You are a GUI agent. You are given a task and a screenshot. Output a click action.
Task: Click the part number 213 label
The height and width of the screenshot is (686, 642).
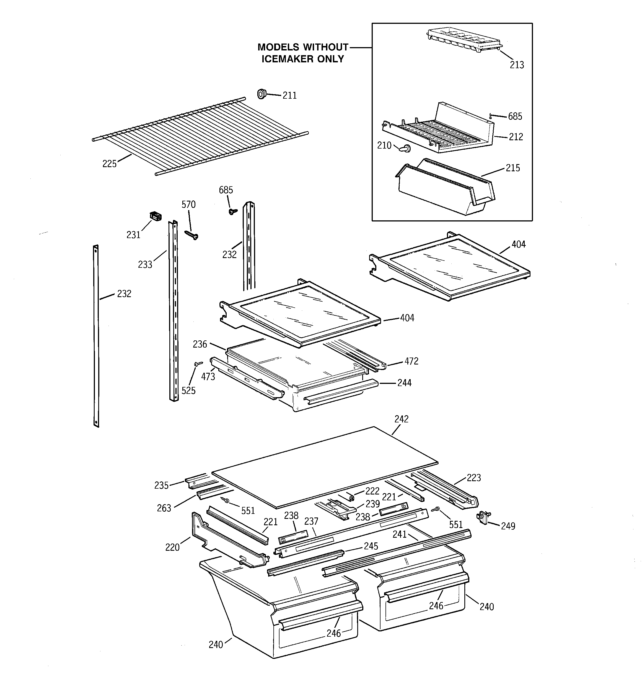tap(517, 65)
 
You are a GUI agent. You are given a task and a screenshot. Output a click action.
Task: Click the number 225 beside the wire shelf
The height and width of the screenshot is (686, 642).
tap(110, 164)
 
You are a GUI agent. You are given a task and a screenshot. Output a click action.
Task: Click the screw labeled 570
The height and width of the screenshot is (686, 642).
tap(191, 235)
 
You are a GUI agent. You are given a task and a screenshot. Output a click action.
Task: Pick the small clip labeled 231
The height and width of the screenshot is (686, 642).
tap(156, 216)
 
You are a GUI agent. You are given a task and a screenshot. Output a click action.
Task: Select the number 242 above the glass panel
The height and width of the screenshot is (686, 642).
tap(401, 419)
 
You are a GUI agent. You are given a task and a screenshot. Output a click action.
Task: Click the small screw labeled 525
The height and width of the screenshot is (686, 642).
tap(198, 363)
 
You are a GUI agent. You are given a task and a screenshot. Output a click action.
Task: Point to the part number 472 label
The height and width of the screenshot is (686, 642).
tap(411, 361)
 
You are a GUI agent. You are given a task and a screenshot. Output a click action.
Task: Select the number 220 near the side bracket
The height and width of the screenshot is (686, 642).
tap(172, 547)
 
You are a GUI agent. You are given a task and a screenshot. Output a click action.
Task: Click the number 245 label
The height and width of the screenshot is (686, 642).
tap(371, 546)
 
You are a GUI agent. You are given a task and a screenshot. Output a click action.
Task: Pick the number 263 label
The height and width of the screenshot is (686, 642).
tap(164, 508)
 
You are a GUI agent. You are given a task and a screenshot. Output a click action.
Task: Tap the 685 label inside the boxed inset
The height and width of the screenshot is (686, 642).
tap(515, 117)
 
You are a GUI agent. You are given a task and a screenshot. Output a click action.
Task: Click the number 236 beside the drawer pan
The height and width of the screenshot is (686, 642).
tap(200, 344)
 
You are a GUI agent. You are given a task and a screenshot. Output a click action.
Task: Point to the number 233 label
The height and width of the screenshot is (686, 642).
tap(145, 265)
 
